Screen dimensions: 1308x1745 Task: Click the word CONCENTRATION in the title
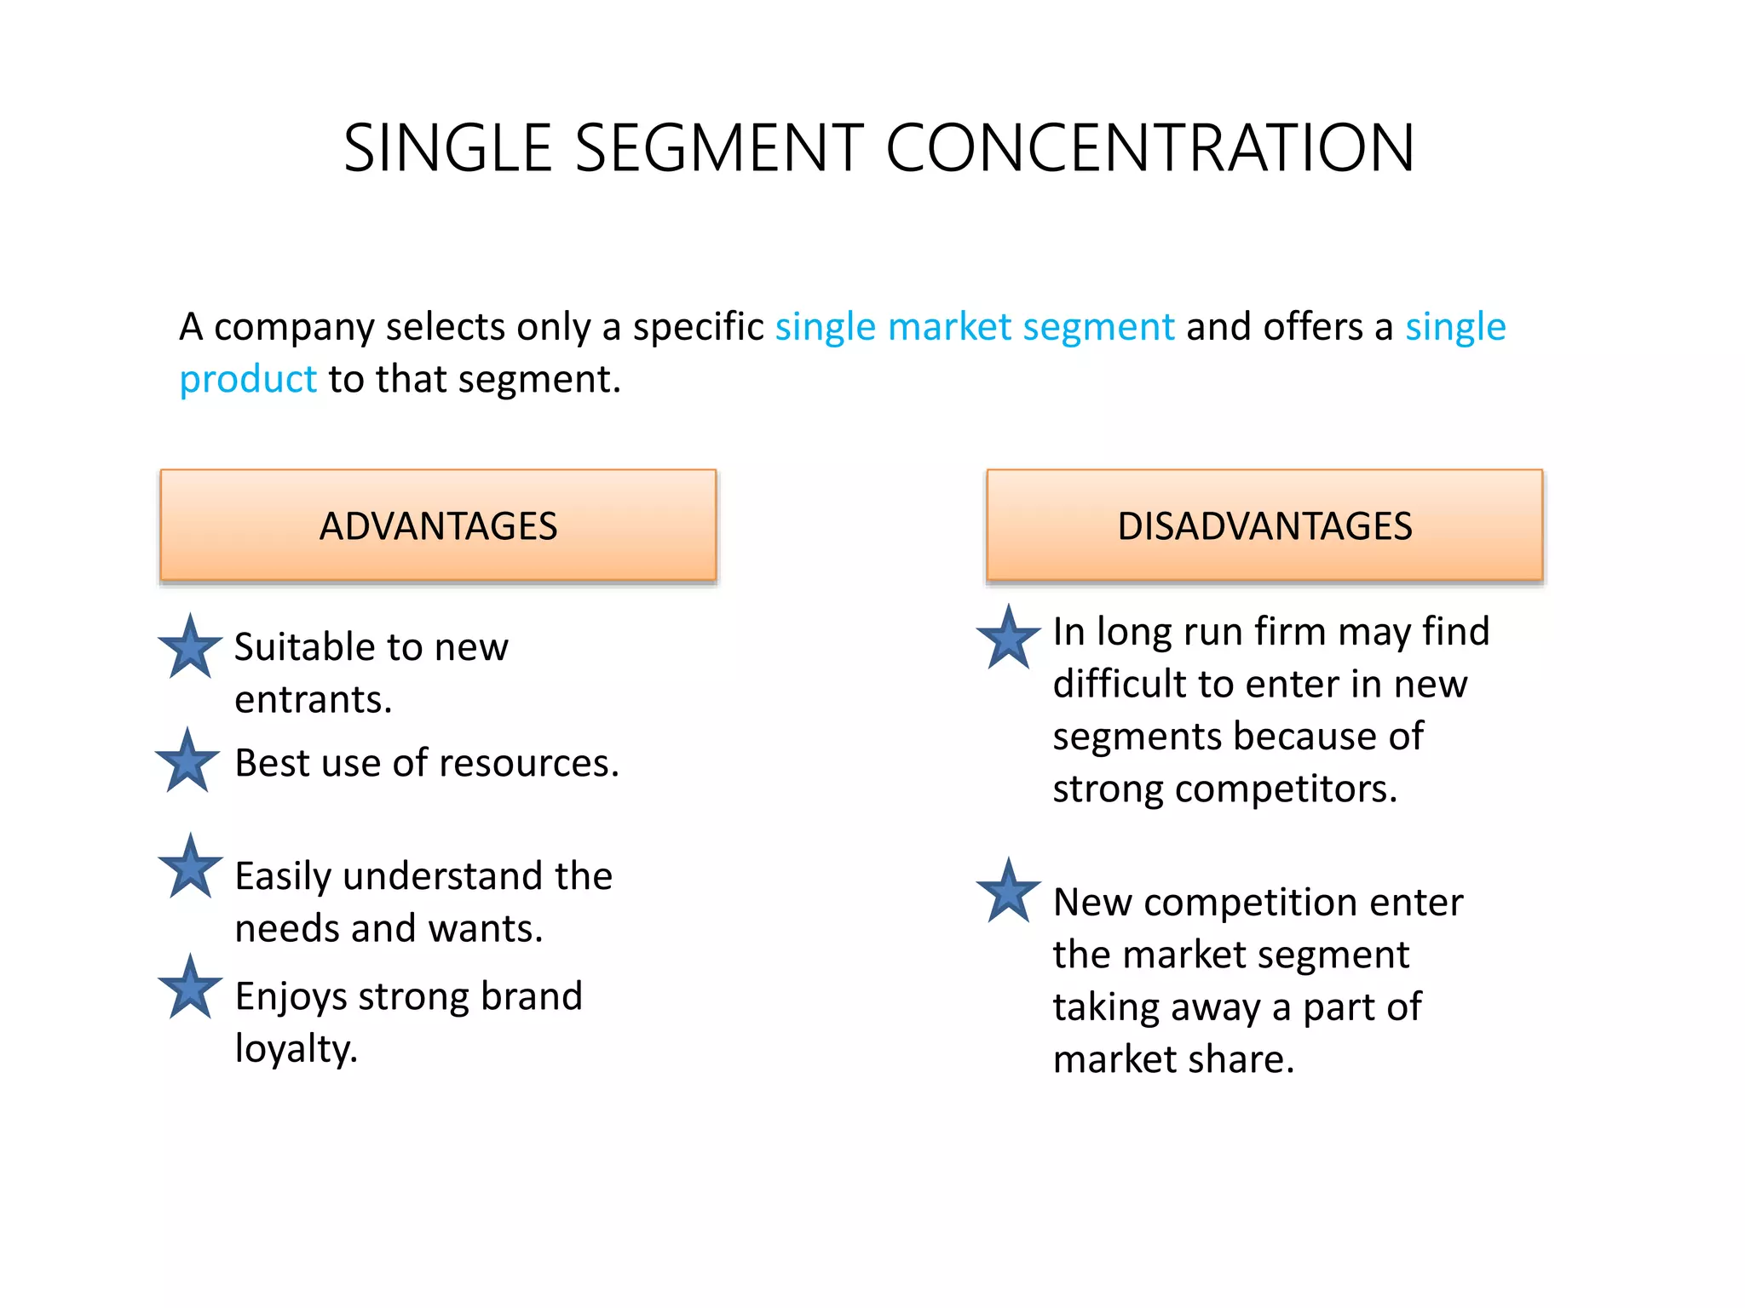[1150, 148]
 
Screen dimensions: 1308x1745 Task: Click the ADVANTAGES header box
[438, 525]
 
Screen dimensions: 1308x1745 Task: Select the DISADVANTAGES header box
[1264, 525]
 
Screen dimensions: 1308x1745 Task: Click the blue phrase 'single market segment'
[974, 327]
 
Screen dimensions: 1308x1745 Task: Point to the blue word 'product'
[248, 380]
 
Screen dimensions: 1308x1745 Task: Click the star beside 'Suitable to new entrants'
[190, 648]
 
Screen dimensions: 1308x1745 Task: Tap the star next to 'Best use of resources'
[187, 761]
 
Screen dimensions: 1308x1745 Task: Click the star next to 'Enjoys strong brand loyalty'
[190, 989]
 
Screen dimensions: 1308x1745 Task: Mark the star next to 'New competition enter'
[1008, 892]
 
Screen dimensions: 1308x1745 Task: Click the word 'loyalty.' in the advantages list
[296, 1049]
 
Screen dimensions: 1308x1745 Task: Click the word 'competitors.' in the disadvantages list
[1286, 789]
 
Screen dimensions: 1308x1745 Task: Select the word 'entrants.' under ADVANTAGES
[314, 700]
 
